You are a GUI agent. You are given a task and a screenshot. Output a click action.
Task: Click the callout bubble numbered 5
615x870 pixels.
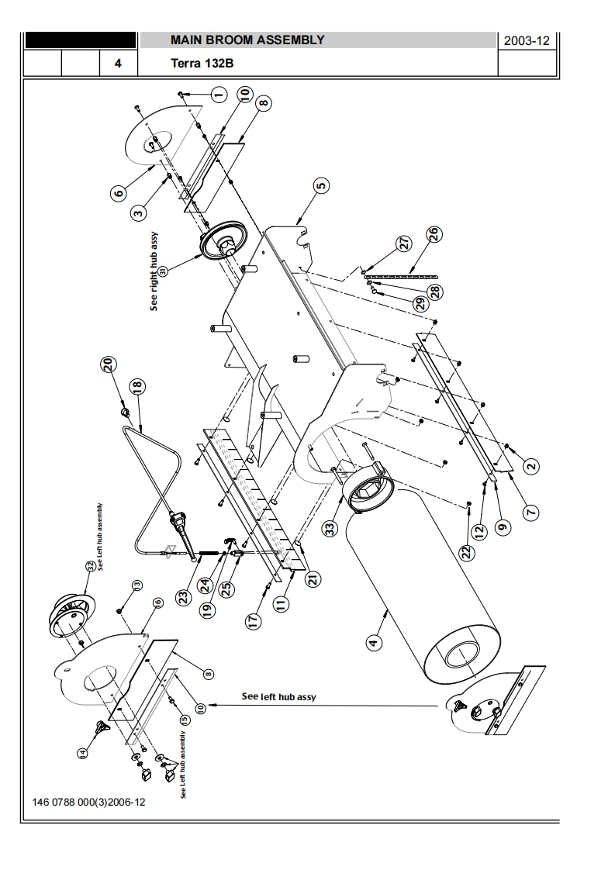320,185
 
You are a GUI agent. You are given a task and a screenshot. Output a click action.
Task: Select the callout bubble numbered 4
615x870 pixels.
374,642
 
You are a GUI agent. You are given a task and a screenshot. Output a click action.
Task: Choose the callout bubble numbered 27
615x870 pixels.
404,243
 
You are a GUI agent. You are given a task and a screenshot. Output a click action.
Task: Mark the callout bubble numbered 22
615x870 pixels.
465,552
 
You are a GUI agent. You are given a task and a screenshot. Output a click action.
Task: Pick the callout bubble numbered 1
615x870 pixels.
218,95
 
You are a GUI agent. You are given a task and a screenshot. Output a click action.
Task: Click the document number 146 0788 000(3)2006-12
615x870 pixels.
88,803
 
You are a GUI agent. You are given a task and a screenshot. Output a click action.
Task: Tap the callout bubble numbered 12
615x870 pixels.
479,530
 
